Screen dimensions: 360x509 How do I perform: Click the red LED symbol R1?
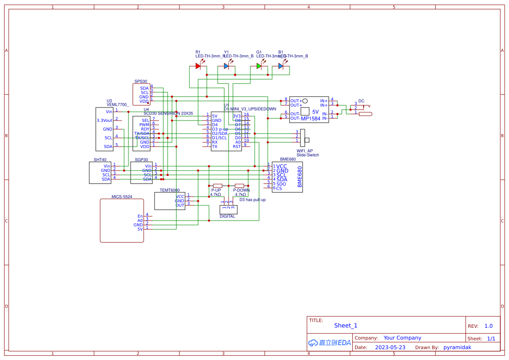point(198,66)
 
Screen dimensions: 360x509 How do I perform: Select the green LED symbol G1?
point(259,66)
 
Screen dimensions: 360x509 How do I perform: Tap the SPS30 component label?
point(141,81)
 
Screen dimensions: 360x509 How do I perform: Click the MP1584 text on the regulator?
point(310,118)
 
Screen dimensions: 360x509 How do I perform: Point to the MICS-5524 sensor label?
point(121,197)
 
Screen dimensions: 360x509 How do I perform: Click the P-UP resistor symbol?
point(217,185)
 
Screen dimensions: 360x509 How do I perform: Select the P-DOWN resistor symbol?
point(239,185)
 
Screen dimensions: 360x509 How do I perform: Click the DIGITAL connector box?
point(228,209)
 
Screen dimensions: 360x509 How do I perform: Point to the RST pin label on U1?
point(237,147)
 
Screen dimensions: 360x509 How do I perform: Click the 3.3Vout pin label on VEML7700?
point(104,121)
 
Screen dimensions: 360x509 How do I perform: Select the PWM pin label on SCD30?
point(144,124)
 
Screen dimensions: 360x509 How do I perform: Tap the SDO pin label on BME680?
point(281,184)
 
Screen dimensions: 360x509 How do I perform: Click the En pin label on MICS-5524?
point(140,216)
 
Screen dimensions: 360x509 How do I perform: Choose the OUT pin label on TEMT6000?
point(180,205)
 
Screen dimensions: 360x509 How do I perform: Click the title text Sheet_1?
point(346,326)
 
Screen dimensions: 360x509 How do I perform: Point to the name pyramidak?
point(457,347)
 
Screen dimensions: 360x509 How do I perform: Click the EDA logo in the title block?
point(330,343)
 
